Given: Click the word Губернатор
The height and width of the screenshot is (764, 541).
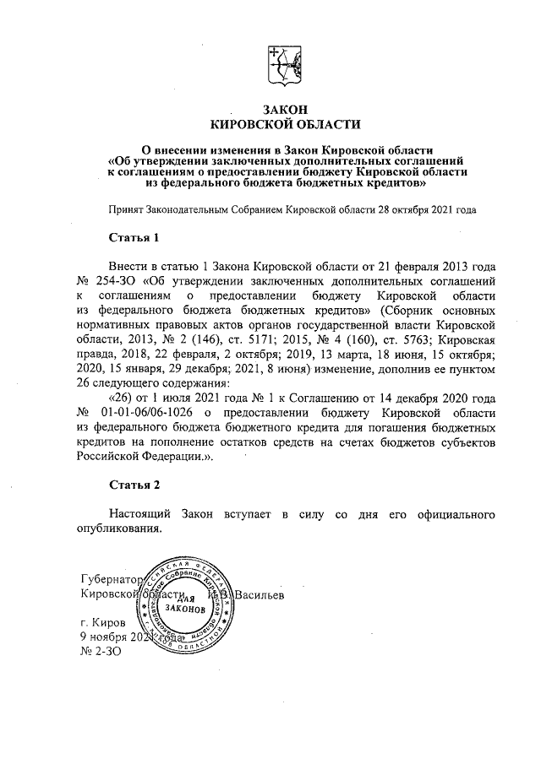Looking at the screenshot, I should [108, 580].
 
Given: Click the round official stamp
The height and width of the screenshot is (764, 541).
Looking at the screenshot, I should [183, 606].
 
